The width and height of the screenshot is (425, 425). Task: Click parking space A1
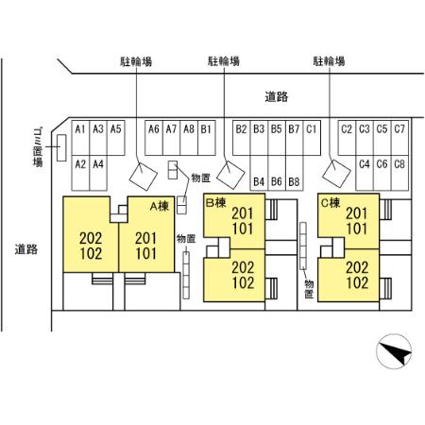click(x=80, y=138)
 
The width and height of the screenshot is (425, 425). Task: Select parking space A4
click(x=98, y=173)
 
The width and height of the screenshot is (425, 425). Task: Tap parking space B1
click(x=207, y=138)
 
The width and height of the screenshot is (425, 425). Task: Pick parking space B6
click(x=277, y=173)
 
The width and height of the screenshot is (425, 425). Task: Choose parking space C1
click(x=312, y=138)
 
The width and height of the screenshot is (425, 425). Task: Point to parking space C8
click(x=399, y=173)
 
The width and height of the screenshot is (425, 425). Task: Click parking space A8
click(x=189, y=138)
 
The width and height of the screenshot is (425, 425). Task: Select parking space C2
click(x=347, y=138)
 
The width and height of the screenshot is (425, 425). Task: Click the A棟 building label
click(x=160, y=206)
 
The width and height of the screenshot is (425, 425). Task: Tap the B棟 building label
click(x=216, y=203)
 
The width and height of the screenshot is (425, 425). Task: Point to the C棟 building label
click(x=331, y=203)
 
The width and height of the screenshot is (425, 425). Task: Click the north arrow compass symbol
click(x=394, y=351)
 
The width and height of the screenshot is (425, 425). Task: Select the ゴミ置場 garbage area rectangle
click(x=61, y=148)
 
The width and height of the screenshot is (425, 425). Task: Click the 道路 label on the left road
click(x=26, y=249)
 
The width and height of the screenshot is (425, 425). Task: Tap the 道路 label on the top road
click(x=277, y=96)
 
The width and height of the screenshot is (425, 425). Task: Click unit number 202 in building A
click(x=91, y=238)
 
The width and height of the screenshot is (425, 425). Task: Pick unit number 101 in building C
click(x=357, y=229)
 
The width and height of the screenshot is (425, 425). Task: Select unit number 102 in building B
click(x=243, y=282)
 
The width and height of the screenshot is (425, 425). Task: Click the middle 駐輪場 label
click(x=224, y=61)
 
